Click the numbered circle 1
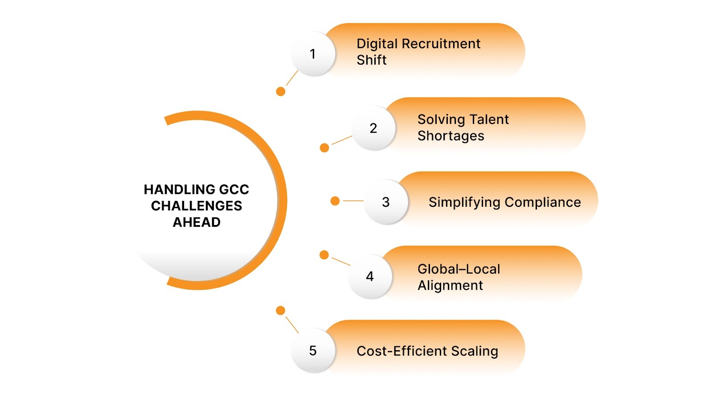(313, 54)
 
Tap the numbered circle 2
(373, 128)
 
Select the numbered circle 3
(386, 202)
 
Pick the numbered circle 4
(370, 277)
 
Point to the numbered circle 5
(313, 351)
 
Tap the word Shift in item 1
(372, 60)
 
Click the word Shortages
(451, 136)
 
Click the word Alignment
(450, 286)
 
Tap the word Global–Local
(459, 269)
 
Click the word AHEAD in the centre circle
(197, 222)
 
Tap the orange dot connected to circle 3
(335, 201)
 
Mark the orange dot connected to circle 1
(281, 91)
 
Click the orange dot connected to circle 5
(281, 311)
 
